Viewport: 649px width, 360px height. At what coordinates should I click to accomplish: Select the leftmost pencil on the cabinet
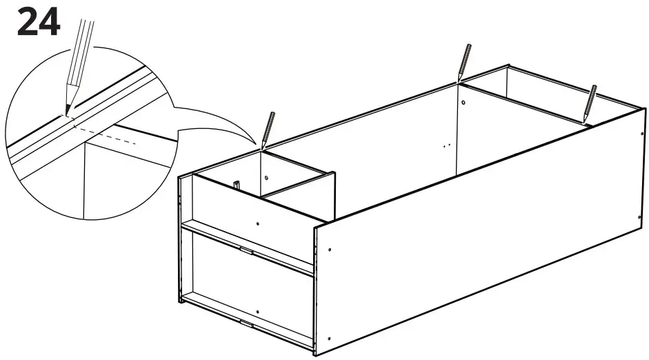pos(268,128)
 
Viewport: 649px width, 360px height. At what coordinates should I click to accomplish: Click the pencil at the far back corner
pos(465,61)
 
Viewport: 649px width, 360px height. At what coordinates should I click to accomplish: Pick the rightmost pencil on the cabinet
pos(590,103)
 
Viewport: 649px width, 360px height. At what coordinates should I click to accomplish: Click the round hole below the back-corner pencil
pos(464,103)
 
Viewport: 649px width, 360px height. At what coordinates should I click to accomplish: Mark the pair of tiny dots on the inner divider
pos(446,146)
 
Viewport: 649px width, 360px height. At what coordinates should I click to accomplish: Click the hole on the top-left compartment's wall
pos(264,177)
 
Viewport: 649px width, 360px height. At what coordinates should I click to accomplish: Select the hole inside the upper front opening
pos(258,224)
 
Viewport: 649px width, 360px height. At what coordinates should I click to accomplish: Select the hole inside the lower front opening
pos(257,312)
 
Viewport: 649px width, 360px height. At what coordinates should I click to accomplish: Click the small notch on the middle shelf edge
pos(246,251)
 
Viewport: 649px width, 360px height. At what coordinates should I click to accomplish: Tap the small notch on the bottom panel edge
pos(246,323)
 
